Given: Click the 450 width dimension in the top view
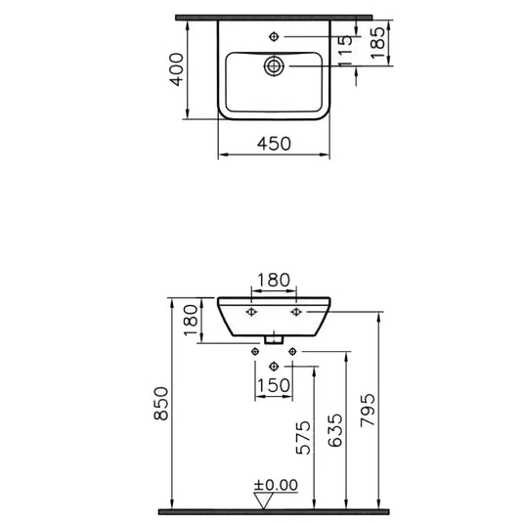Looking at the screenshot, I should tap(273, 143).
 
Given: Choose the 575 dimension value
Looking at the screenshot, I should tap(304, 439).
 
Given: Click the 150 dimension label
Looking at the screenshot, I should tap(273, 385).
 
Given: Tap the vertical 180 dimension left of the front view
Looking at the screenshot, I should tap(191, 318).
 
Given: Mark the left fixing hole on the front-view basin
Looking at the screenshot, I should tap(252, 311).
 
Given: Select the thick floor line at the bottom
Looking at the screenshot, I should tap(274, 511).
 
